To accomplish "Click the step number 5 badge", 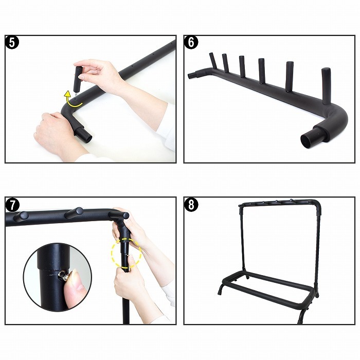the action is tap(12, 43).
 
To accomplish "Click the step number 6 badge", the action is tap(191, 43).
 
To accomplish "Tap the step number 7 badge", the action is tap(12, 205).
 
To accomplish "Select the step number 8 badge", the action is tap(191, 205).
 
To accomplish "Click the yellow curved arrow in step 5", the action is tap(71, 101).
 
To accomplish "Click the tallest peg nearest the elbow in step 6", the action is tap(326, 85).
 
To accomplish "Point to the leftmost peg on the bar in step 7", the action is tap(21, 217).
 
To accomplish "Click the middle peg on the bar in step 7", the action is tap(74, 212).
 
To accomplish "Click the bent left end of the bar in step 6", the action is tap(197, 73).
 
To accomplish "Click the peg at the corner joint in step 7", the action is tap(119, 215).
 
